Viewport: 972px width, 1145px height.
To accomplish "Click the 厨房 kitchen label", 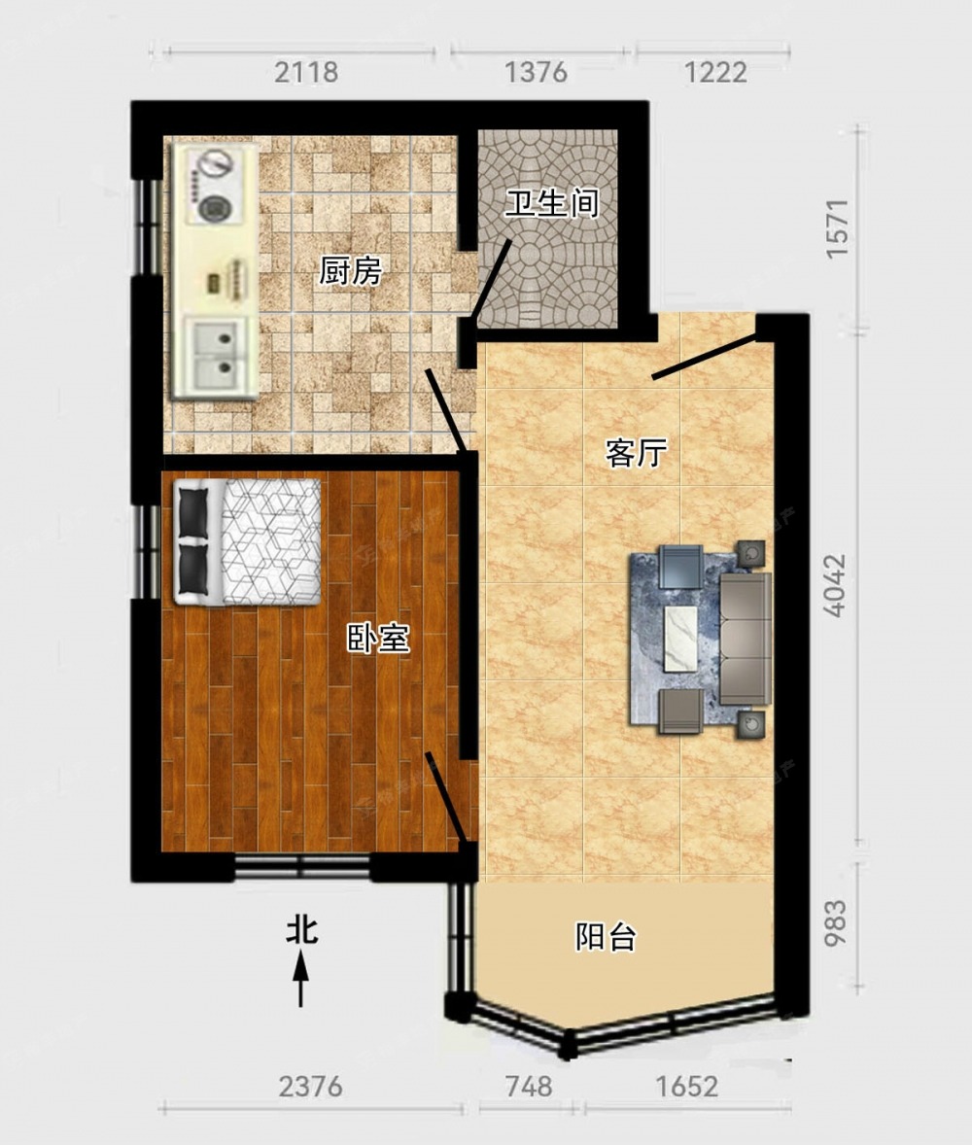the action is (351, 271).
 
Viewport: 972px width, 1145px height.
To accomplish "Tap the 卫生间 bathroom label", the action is (552, 202).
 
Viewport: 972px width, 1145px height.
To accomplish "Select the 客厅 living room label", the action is (636, 453).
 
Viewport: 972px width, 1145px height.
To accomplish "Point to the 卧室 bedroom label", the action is (377, 639).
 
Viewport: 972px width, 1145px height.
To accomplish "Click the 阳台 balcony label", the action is (606, 936).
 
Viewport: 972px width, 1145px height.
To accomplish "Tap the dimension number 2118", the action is (307, 72).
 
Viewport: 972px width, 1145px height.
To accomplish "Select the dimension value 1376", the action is (536, 72).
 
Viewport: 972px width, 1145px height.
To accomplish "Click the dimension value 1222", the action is (715, 72).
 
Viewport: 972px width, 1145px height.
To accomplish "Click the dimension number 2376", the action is (310, 1087).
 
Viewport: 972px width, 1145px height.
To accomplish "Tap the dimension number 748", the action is (529, 1087).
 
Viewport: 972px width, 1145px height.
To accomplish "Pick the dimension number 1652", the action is (687, 1087).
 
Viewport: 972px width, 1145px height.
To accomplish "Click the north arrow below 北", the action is (301, 982).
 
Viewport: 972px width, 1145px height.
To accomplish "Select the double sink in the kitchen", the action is (216, 355).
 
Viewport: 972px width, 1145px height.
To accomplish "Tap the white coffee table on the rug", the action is (680, 639).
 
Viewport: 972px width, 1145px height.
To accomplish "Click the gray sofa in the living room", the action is (746, 639).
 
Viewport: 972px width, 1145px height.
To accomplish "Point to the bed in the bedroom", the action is (248, 541).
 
